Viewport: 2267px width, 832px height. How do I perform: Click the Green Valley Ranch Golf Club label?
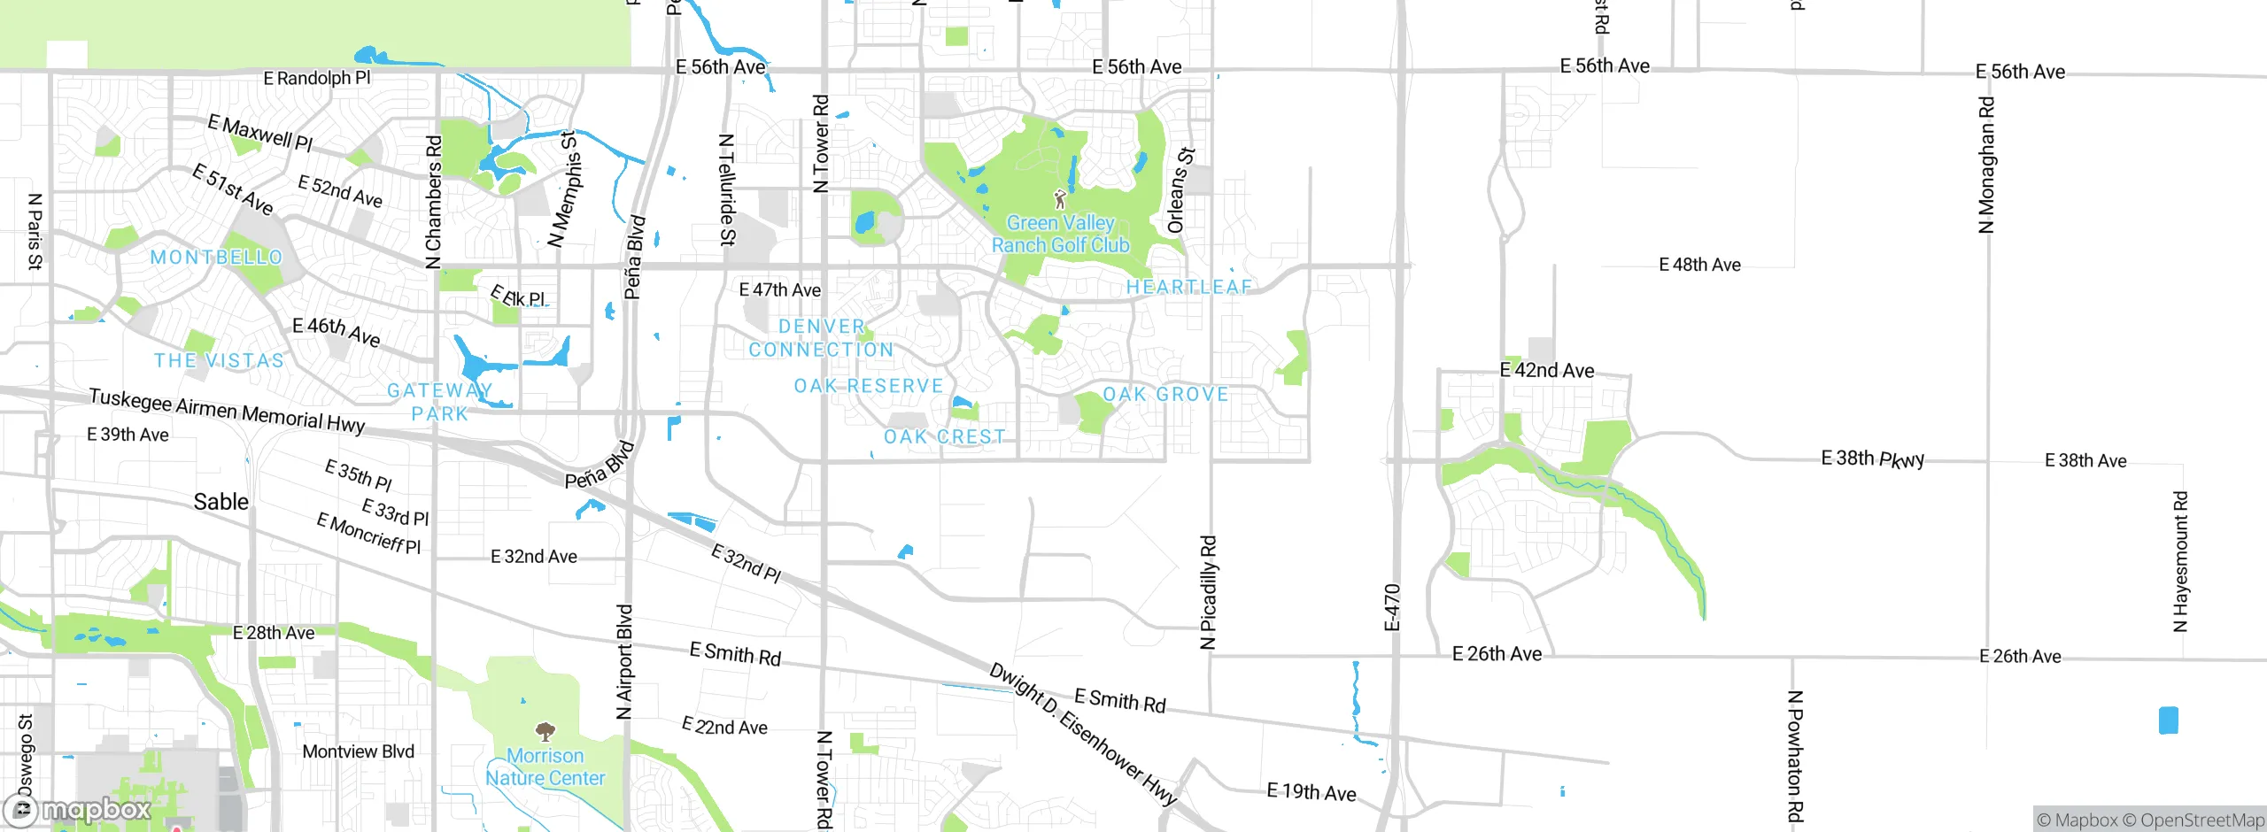(x=1060, y=235)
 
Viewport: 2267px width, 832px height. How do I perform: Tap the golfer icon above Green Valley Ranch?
(x=1060, y=199)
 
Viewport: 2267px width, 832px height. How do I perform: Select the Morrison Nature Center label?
(x=545, y=767)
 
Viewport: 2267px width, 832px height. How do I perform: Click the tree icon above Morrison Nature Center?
(x=545, y=731)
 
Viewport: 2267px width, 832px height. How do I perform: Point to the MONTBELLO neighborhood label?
(x=216, y=258)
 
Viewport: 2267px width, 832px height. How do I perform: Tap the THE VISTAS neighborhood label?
(x=219, y=361)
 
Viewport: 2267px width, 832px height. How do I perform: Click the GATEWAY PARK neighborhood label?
(x=440, y=402)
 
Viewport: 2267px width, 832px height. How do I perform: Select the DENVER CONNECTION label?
(x=821, y=338)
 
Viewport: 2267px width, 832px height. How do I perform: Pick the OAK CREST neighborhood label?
(x=944, y=437)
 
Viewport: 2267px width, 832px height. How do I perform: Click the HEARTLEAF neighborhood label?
(x=1189, y=287)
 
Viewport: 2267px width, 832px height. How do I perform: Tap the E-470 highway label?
(x=1392, y=607)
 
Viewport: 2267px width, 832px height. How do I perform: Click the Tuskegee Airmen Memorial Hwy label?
(x=227, y=411)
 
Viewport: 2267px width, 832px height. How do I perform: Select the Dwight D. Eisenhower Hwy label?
(x=1083, y=734)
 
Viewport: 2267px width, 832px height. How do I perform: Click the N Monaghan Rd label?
(x=1986, y=165)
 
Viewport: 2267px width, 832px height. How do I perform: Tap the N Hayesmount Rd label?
(x=2180, y=561)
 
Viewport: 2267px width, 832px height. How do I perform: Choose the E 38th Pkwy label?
(x=1872, y=458)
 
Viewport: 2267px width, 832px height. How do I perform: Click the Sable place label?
(x=221, y=502)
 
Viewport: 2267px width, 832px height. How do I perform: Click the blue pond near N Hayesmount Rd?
(x=2169, y=720)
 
